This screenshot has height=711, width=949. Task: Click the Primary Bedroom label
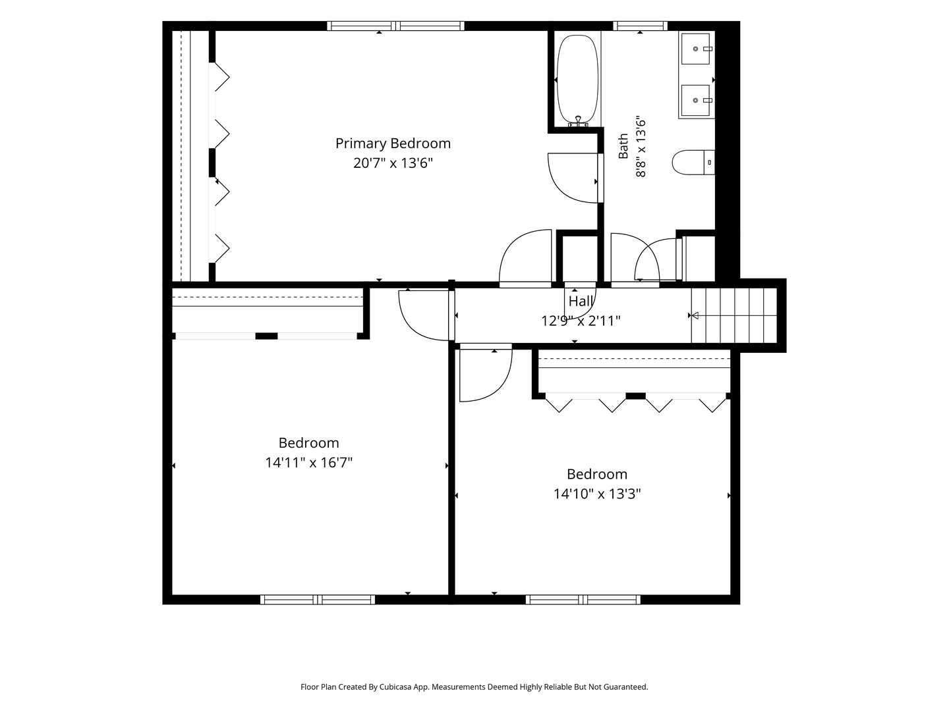[393, 144]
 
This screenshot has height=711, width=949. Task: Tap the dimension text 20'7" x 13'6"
[393, 163]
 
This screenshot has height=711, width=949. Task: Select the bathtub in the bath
[577, 80]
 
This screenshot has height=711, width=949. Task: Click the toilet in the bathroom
[693, 163]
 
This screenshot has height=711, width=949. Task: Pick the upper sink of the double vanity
[696, 49]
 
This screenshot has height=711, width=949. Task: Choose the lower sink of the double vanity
[696, 100]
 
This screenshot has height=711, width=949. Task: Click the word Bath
[623, 146]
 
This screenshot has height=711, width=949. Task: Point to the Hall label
[581, 301]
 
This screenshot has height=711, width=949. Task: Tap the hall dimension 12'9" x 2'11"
[581, 321]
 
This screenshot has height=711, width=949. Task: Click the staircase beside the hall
[733, 315]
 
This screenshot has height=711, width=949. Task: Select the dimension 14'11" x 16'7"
[308, 462]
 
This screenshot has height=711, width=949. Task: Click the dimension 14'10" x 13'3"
[597, 494]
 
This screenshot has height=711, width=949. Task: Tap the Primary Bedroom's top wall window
[395, 26]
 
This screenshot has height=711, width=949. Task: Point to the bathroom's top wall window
[641, 26]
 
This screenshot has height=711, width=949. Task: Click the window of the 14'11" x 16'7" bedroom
[318, 599]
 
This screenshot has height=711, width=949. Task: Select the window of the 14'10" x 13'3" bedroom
[583, 599]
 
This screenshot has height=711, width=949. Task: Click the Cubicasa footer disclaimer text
[474, 687]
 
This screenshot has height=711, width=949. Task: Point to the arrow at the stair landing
[695, 315]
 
